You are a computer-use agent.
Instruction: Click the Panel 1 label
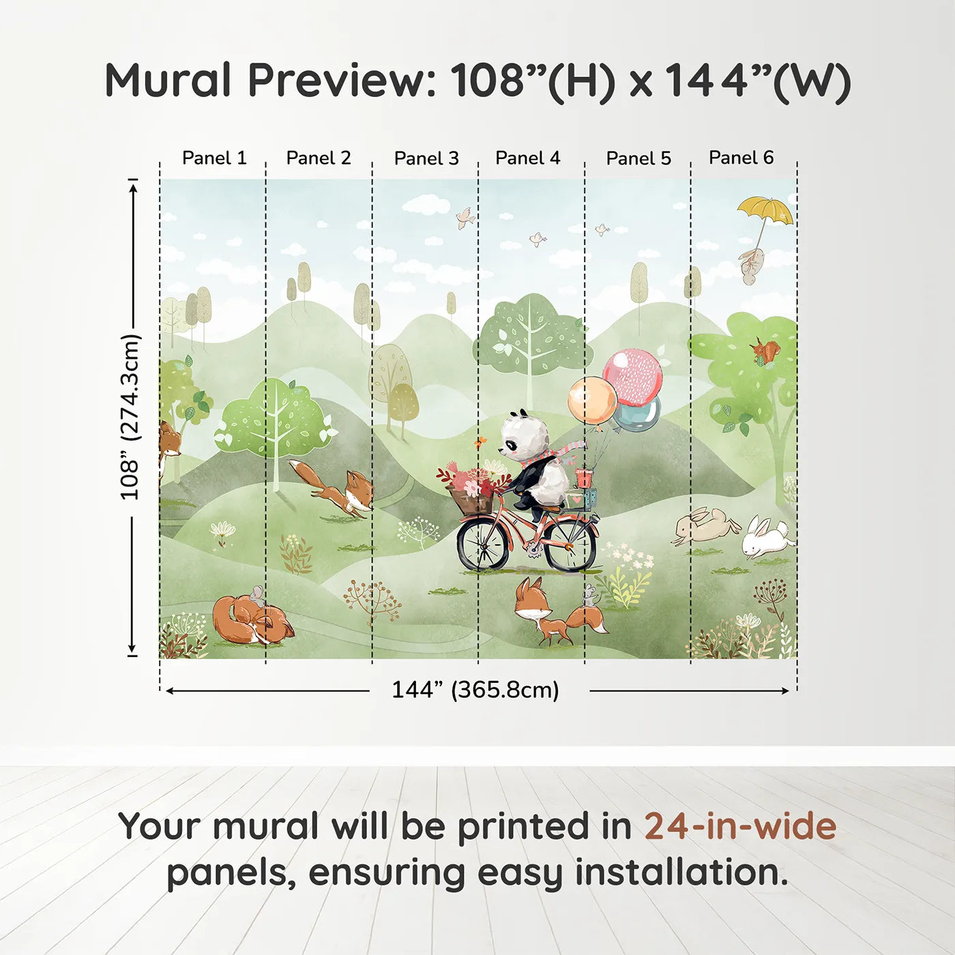click(x=214, y=158)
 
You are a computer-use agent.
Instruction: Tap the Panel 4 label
click(x=527, y=158)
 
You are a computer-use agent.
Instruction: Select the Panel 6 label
click(x=741, y=158)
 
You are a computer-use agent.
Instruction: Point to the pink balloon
click(x=633, y=377)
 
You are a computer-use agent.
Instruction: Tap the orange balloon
click(x=591, y=400)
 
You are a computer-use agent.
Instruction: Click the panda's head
click(x=524, y=436)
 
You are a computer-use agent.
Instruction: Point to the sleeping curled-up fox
click(x=251, y=620)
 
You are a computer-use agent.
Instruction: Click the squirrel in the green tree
click(x=765, y=351)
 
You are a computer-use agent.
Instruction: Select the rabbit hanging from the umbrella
click(x=752, y=265)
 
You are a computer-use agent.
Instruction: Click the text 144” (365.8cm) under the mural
click(x=475, y=690)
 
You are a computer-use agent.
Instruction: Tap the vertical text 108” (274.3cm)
click(x=130, y=417)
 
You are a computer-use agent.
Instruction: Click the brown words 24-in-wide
click(x=740, y=826)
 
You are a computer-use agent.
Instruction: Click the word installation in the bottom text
click(x=681, y=872)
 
